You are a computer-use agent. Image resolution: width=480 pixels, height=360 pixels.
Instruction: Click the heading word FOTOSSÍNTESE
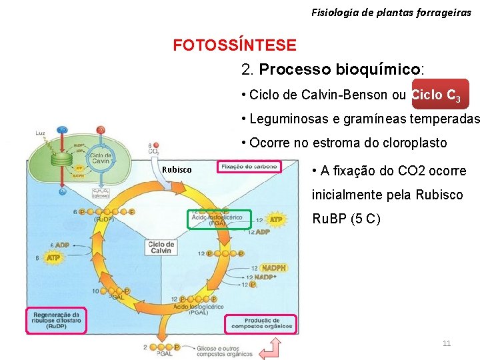pyautogui.click(x=235, y=45)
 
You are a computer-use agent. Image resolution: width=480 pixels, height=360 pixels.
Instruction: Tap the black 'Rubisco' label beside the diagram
pyautogui.click(x=177, y=170)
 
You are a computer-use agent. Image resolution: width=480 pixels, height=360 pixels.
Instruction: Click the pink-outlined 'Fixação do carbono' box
pyautogui.click(x=249, y=166)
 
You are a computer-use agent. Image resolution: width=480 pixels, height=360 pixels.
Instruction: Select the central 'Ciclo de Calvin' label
pyautogui.click(x=161, y=247)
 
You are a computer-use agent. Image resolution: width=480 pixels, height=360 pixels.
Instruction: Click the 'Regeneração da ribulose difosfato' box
pyautogui.click(x=57, y=321)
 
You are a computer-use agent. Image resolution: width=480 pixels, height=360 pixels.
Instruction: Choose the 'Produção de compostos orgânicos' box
pyautogui.click(x=261, y=323)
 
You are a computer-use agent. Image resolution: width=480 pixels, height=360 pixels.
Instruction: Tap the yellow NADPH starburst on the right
pyautogui.click(x=274, y=268)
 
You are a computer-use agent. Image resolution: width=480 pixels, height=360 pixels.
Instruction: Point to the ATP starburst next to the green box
pyautogui.click(x=275, y=219)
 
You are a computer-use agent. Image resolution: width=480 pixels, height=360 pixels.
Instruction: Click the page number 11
pyautogui.click(x=447, y=343)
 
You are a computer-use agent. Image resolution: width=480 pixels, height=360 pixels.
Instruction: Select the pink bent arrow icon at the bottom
pyautogui.click(x=269, y=347)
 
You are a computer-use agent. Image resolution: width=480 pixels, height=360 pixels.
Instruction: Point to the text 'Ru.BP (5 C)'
pyautogui.click(x=347, y=219)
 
